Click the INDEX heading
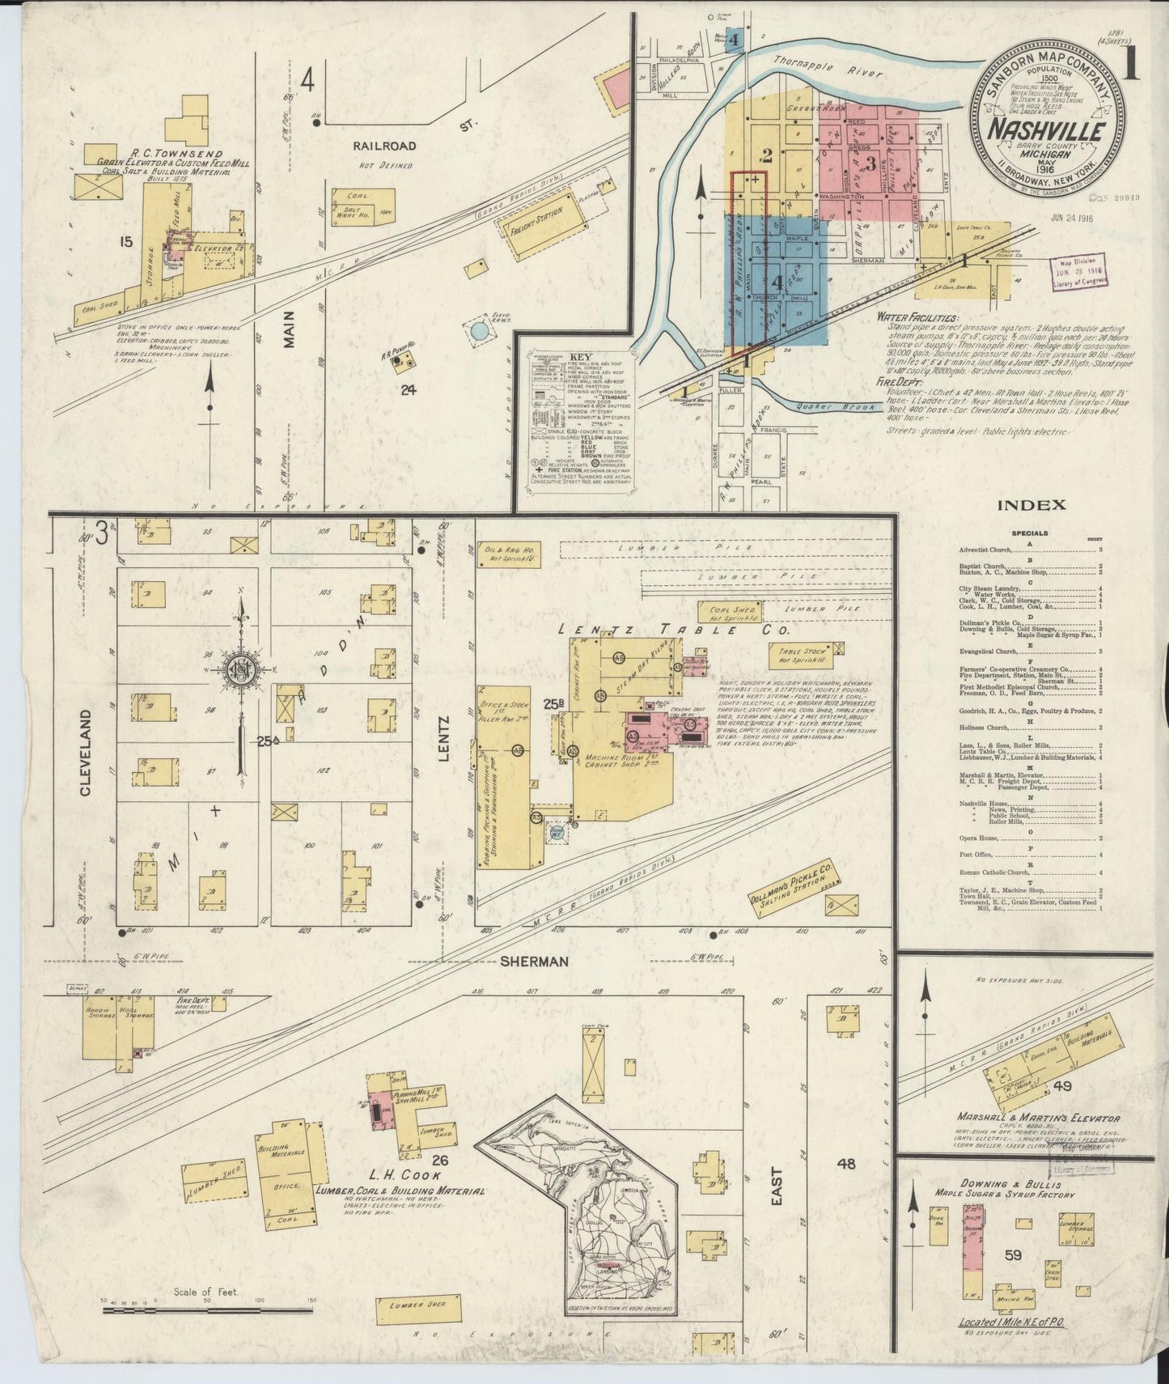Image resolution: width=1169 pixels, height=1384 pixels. point(1031,505)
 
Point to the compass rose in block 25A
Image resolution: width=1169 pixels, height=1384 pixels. point(240,671)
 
